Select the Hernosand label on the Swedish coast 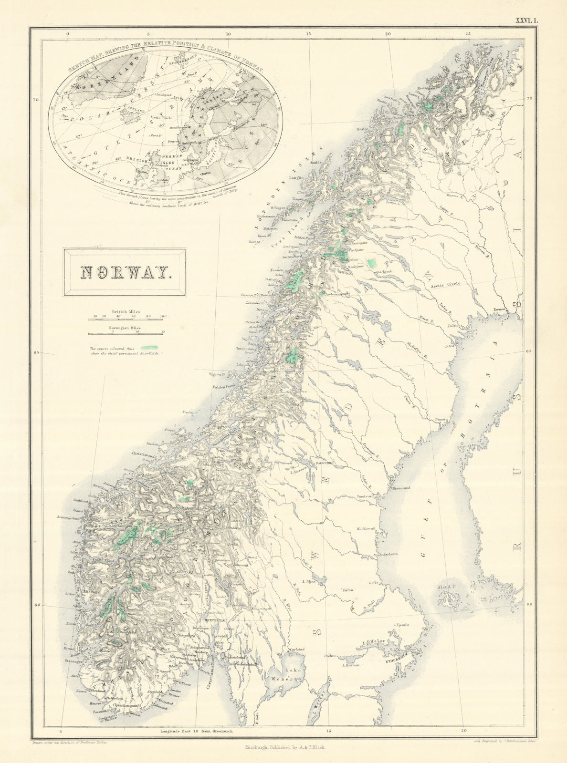coord(403,489)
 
